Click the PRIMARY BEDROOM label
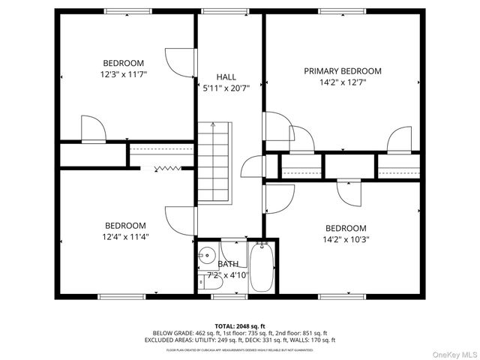click(342, 71)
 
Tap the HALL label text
click(226, 77)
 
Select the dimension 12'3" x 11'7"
click(124, 75)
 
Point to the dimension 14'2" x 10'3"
click(346, 241)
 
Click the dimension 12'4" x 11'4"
click(124, 238)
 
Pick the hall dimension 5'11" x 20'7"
click(226, 88)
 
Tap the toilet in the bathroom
click(205, 281)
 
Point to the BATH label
click(228, 264)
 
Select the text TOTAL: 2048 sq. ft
click(240, 325)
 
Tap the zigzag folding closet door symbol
click(167, 169)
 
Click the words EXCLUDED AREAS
click(169, 339)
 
